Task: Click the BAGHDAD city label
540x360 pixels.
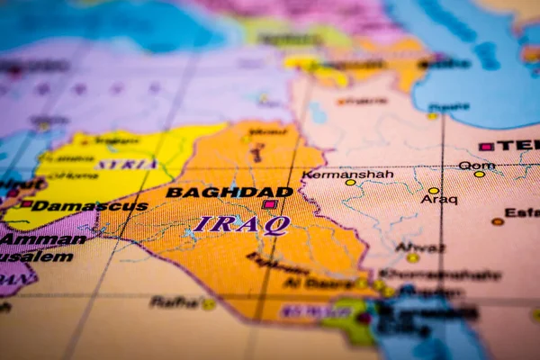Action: [229, 192]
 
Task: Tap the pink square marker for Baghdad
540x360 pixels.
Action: [268, 204]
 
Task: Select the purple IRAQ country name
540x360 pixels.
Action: [240, 224]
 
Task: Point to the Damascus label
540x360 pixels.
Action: [89, 206]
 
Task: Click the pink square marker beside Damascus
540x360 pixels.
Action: [26, 204]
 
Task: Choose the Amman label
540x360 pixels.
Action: [42, 239]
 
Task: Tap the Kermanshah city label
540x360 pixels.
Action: [347, 174]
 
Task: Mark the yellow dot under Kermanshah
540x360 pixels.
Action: [350, 183]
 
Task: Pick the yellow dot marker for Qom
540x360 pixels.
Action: [479, 174]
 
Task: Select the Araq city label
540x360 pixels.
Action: [438, 200]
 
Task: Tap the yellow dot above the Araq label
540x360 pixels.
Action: [433, 191]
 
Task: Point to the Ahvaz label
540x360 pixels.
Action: [419, 247]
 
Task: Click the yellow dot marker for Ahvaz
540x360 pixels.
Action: [412, 257]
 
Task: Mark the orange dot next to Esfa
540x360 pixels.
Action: [497, 221]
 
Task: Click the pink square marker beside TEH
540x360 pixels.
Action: [486, 146]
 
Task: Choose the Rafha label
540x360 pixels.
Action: [175, 301]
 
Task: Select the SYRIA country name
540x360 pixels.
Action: [126, 165]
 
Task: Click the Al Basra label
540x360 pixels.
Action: [318, 283]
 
